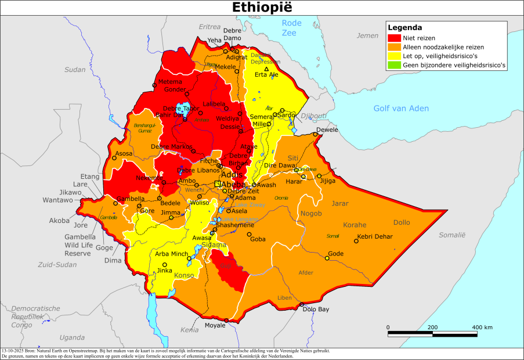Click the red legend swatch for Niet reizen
[393, 37]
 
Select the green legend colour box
[393, 66]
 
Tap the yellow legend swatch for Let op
[393, 56]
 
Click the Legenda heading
[404, 27]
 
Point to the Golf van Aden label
[401, 108]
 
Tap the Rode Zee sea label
[292, 27]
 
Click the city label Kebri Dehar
[375, 236]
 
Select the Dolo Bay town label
[316, 309]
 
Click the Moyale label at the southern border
[215, 326]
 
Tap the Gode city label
[336, 254]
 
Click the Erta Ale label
[267, 74]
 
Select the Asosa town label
[124, 154]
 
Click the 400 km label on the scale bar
[482, 327]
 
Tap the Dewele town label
[327, 129]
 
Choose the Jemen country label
[367, 35]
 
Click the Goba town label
[257, 239]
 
